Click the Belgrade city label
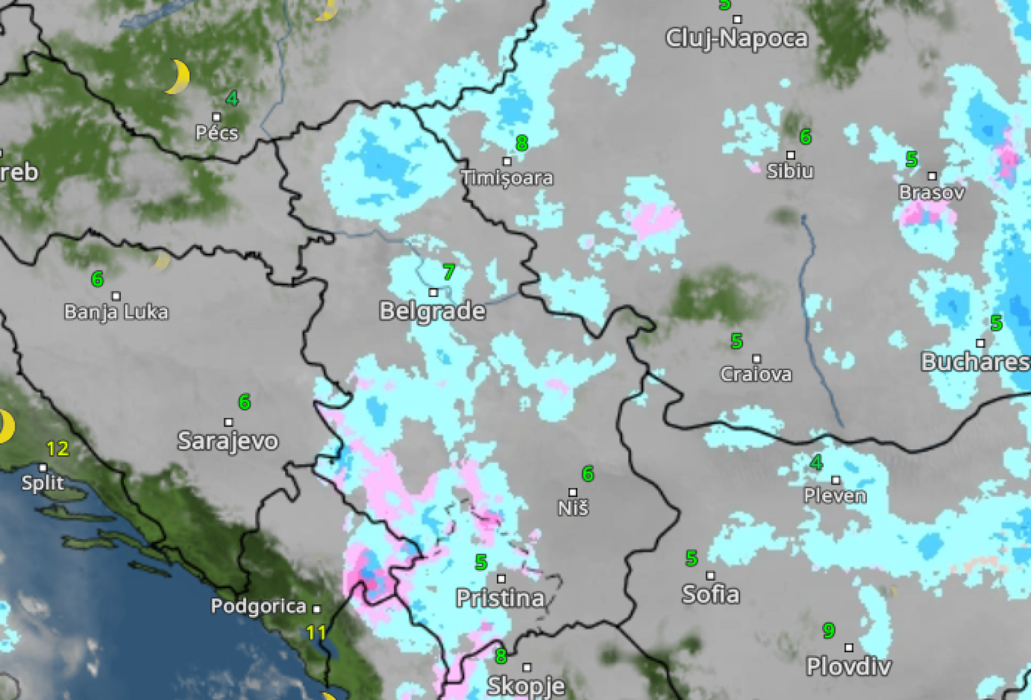click(432, 311)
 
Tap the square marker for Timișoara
click(507, 161)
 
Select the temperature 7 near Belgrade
click(449, 272)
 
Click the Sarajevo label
click(228, 441)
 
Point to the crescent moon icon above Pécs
click(179, 77)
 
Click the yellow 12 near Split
click(57, 448)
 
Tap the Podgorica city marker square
click(317, 609)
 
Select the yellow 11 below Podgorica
click(316, 633)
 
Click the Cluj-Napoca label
click(737, 38)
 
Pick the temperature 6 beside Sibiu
click(805, 136)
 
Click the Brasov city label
click(932, 192)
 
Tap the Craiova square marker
click(757, 359)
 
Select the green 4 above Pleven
click(817, 462)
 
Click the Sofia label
click(711, 594)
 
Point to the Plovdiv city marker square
click(849, 647)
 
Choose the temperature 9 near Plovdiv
click(829, 631)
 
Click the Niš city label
click(573, 508)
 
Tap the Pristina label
click(500, 598)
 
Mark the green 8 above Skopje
click(501, 656)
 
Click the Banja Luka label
click(116, 312)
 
